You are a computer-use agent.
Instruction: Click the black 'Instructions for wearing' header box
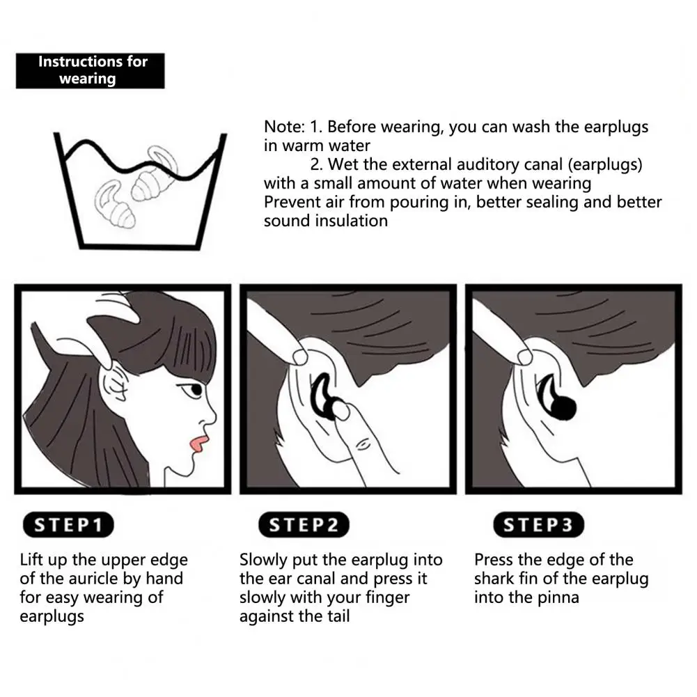point(91,71)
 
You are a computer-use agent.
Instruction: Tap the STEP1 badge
point(68,524)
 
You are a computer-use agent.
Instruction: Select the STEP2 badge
point(304,524)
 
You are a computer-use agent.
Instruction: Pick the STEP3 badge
point(538,524)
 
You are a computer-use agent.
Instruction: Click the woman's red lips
point(197,445)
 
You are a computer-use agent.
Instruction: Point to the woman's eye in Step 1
point(194,390)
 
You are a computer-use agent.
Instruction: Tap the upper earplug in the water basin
point(155,175)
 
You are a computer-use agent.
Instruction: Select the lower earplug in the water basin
point(114,205)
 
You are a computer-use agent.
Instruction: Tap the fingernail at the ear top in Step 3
point(525,356)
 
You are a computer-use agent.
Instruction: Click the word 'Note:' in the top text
point(284,127)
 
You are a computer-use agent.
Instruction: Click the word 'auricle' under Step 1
point(92,579)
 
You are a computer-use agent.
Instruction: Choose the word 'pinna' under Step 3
point(558,598)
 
